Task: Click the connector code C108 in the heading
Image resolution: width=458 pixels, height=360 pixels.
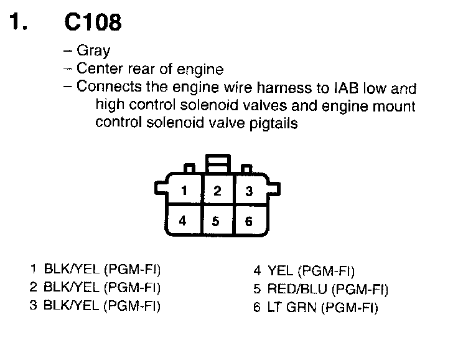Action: pos(93,23)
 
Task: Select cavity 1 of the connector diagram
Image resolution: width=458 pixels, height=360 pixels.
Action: pos(184,191)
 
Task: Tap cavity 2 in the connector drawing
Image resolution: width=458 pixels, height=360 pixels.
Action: pos(217,191)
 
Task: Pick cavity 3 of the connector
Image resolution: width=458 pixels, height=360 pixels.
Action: pos(249,191)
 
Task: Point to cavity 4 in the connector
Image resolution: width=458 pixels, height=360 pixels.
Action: pos(182,220)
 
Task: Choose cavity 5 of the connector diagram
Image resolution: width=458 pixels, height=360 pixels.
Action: pos(216,221)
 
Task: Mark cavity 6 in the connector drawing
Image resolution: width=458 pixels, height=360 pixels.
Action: pos(249,221)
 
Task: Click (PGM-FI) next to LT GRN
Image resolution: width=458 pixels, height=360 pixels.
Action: pos(349,308)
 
